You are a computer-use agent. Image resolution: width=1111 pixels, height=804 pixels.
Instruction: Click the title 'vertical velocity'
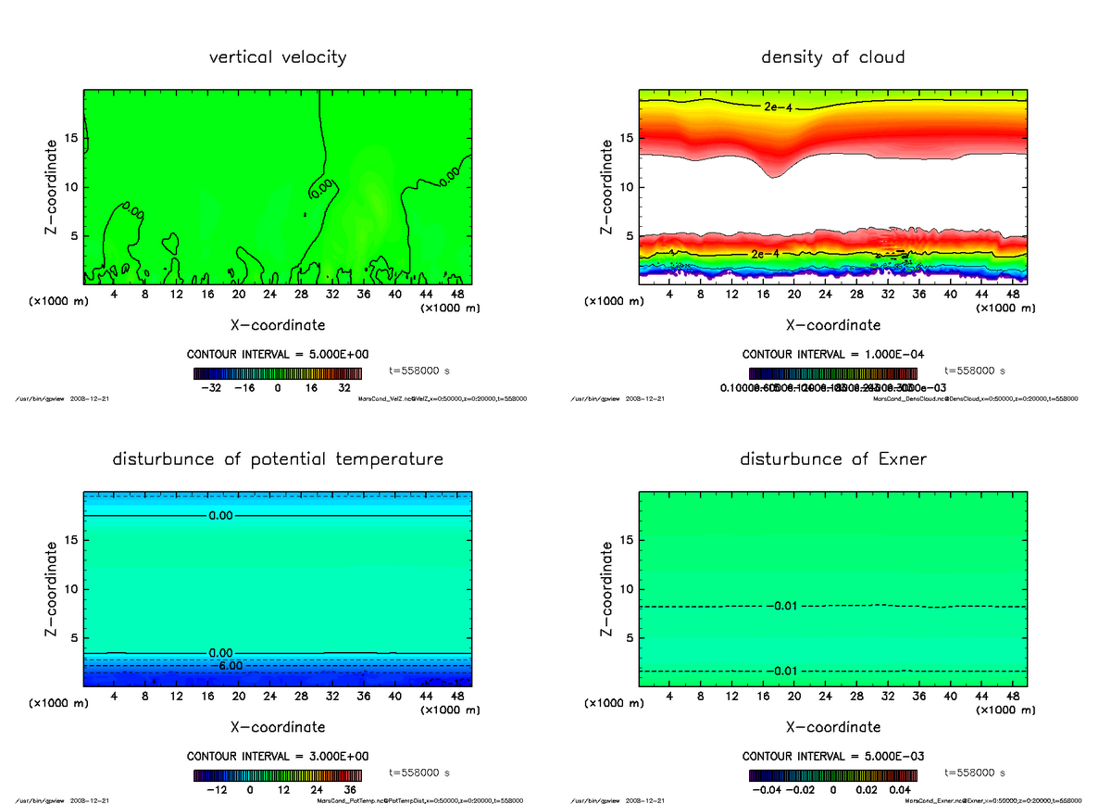click(x=278, y=57)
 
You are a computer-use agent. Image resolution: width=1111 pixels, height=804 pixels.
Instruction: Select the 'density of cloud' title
click(x=832, y=57)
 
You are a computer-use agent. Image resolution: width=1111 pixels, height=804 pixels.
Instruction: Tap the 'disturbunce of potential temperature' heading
click(x=278, y=459)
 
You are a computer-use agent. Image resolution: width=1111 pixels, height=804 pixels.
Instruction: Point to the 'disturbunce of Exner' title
click(x=832, y=459)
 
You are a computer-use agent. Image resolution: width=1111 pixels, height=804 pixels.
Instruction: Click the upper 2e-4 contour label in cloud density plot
click(x=777, y=107)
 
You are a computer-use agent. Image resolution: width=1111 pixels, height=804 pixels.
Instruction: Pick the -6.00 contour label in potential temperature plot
click(x=226, y=665)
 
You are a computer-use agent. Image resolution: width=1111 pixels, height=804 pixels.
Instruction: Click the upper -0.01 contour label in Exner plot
click(x=782, y=607)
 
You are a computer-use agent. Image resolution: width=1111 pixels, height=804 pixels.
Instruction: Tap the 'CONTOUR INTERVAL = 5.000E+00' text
click(x=278, y=355)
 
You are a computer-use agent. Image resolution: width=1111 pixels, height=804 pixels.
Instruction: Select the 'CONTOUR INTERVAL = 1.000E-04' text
click(x=833, y=355)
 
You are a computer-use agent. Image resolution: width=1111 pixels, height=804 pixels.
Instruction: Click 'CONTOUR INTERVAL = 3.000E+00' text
click(x=278, y=756)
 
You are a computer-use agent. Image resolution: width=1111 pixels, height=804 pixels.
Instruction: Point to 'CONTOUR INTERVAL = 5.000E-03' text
click(x=833, y=756)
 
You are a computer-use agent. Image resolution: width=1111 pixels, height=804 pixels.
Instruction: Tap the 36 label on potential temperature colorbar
click(x=350, y=790)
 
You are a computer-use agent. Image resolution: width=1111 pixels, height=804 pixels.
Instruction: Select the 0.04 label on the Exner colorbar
click(x=900, y=790)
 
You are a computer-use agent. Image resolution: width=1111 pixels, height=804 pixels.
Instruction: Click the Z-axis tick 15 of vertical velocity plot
click(x=70, y=139)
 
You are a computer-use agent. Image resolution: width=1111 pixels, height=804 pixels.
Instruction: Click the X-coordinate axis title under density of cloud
click(x=832, y=325)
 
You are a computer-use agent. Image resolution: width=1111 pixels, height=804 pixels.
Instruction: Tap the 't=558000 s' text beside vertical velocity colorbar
click(x=419, y=370)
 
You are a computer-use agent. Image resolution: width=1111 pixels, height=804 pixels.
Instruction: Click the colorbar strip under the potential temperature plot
click(x=278, y=774)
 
